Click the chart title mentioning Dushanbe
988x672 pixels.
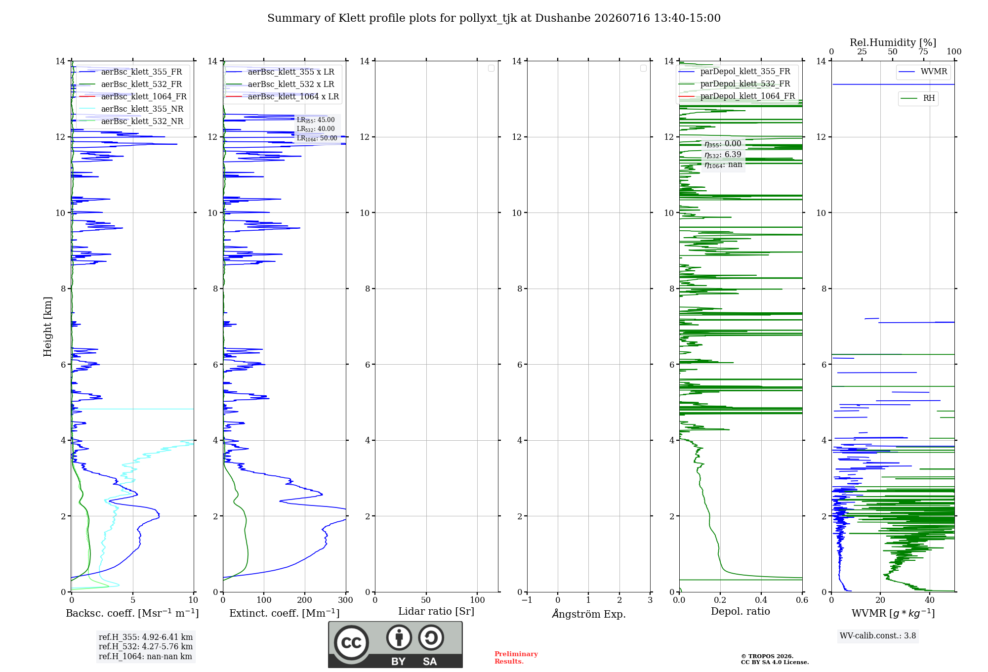point(494,18)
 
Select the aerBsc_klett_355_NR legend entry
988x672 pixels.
point(131,109)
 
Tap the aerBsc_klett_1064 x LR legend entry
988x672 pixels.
point(283,96)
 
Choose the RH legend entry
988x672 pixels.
point(918,98)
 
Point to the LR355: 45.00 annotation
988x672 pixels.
point(316,120)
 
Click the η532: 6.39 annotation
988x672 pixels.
point(723,154)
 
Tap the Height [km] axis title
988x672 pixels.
point(47,327)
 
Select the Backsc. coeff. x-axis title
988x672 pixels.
point(132,613)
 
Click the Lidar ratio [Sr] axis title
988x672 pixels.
point(436,611)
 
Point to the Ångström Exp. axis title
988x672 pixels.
point(589,613)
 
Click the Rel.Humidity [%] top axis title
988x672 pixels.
point(893,42)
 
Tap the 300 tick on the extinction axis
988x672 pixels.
point(346,600)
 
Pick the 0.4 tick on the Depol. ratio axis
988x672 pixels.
point(761,600)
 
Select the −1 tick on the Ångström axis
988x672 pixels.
point(527,600)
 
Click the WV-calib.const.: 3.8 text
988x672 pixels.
point(878,636)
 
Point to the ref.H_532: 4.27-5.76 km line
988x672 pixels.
point(146,646)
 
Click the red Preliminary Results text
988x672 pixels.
point(516,658)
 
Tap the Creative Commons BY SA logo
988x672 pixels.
point(396,644)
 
